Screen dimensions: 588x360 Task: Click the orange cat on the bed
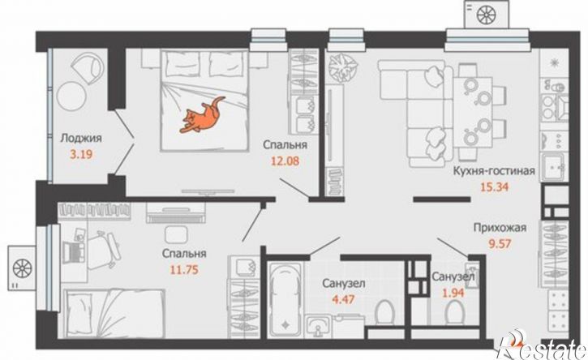tap(202, 115)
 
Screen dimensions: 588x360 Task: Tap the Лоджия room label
tap(81, 139)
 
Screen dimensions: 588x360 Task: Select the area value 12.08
tap(285, 161)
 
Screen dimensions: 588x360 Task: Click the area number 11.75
tap(184, 269)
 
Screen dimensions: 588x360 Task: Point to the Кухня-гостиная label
tap(494, 171)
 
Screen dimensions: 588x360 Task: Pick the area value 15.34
tap(495, 186)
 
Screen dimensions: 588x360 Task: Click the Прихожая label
tap(500, 228)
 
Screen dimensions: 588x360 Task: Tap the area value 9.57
tap(500, 244)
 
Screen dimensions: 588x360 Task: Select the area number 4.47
tap(344, 300)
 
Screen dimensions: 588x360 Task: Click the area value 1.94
tap(453, 293)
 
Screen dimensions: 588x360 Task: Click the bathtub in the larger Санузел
tap(285, 299)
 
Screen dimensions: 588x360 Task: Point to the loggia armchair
tap(88, 66)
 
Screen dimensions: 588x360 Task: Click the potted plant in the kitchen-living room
tap(343, 66)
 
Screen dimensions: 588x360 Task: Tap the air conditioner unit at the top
tap(487, 14)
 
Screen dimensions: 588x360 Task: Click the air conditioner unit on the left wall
tap(22, 268)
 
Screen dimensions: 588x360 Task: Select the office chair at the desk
tap(105, 250)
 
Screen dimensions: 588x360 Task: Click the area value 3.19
tap(81, 154)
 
